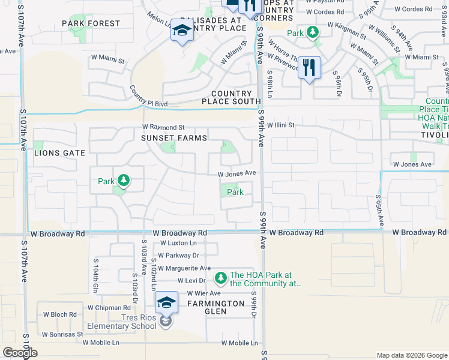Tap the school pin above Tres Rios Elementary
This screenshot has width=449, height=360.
pos(166,302)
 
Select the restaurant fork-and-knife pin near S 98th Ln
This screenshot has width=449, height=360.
pos(309,67)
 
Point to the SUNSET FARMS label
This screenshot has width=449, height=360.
pos(173,138)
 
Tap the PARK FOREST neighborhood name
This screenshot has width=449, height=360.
pos(91,23)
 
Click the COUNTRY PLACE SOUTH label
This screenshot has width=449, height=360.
pos(231,98)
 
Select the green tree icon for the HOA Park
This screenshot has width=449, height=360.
pos(221,277)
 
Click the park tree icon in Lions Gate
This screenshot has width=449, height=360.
pos(122,179)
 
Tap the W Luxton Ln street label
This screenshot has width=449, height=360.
pos(179,244)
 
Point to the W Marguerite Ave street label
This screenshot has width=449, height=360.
pos(185,268)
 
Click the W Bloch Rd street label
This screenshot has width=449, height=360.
pos(59,314)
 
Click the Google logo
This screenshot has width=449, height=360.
pos(20,353)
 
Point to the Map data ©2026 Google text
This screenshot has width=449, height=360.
pos(411,355)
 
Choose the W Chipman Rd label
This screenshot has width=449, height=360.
pos(105,308)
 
